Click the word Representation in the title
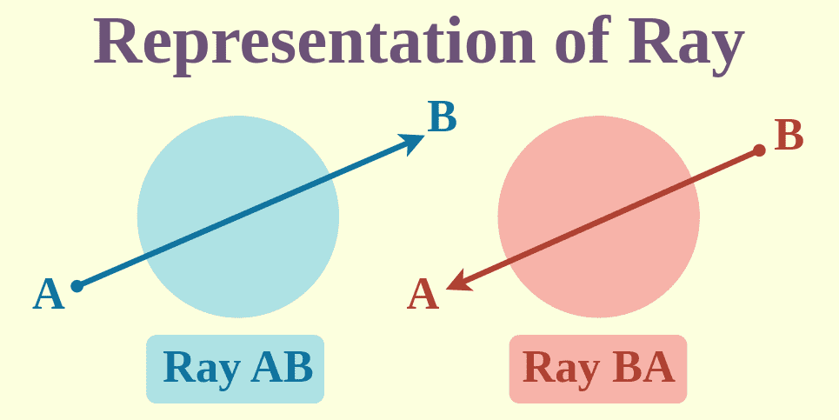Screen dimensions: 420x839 [x=312, y=41]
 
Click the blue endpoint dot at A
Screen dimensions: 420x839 [x=77, y=285]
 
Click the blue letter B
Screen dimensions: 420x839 [x=442, y=117]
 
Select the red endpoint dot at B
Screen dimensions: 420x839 [x=759, y=150]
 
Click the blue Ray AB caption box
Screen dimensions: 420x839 [x=235, y=369]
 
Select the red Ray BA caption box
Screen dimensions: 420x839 [x=597, y=369]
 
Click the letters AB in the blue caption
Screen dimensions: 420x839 [x=280, y=368]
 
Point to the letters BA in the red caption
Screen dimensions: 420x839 [x=643, y=368]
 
